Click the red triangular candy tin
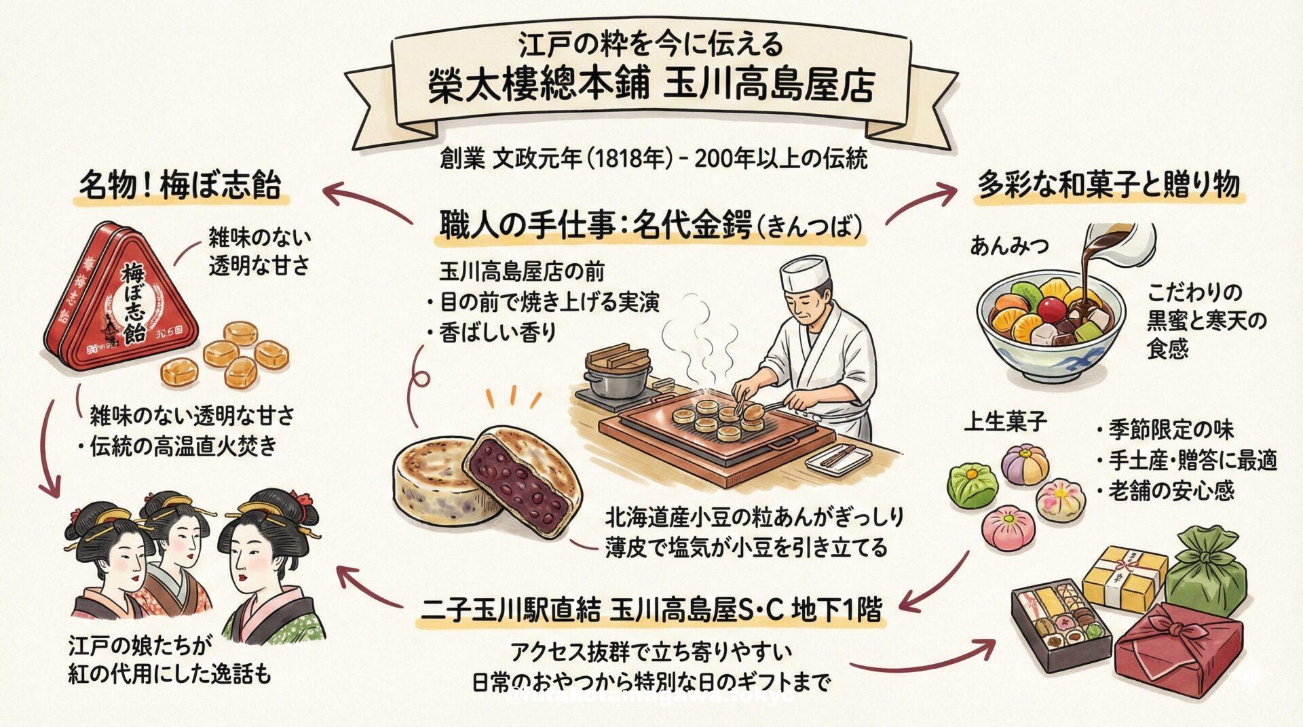click(122, 298)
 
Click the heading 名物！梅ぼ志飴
click(180, 185)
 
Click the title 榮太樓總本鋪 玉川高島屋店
click(651, 87)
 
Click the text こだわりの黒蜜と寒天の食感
click(1205, 321)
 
